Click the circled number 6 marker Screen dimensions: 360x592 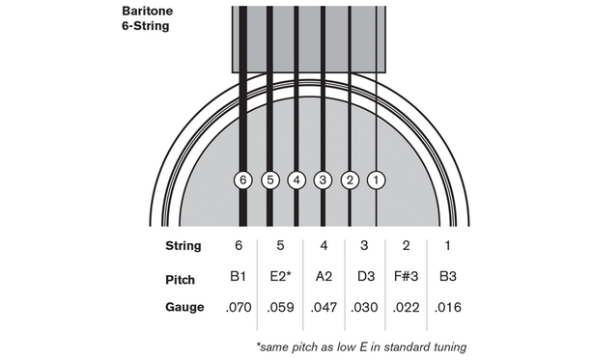click(242, 180)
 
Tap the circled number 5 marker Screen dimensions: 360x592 click(269, 180)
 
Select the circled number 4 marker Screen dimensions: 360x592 click(296, 180)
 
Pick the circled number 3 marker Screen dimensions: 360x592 click(324, 180)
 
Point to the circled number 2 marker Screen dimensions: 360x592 click(351, 180)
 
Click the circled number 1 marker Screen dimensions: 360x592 click(378, 180)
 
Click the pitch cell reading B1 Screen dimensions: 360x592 click(240, 278)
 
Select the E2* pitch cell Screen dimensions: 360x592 click(279, 278)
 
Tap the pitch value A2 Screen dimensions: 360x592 click(324, 278)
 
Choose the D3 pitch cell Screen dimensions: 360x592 click(366, 278)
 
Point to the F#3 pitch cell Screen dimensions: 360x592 click(407, 278)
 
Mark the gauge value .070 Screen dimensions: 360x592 click(240, 308)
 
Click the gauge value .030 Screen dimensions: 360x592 click(366, 308)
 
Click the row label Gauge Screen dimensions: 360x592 click(184, 308)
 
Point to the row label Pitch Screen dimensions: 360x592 click(181, 279)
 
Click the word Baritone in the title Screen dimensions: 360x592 click(136, 12)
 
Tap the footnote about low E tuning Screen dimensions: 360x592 click(362, 346)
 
